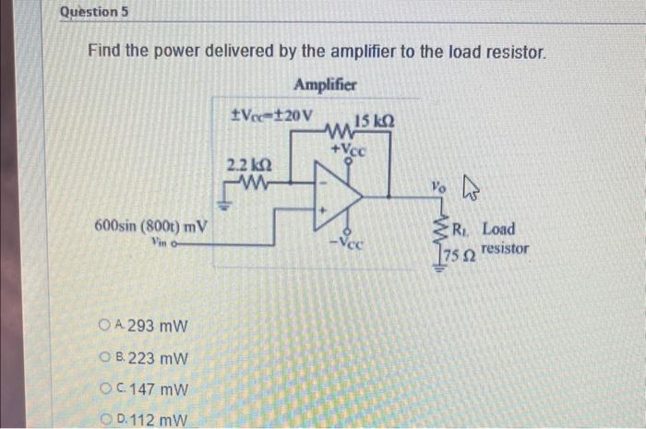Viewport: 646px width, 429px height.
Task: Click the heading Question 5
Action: tap(93, 13)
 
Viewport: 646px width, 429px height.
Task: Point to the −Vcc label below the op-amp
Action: tap(351, 244)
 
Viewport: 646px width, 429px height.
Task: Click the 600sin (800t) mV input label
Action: tap(151, 226)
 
